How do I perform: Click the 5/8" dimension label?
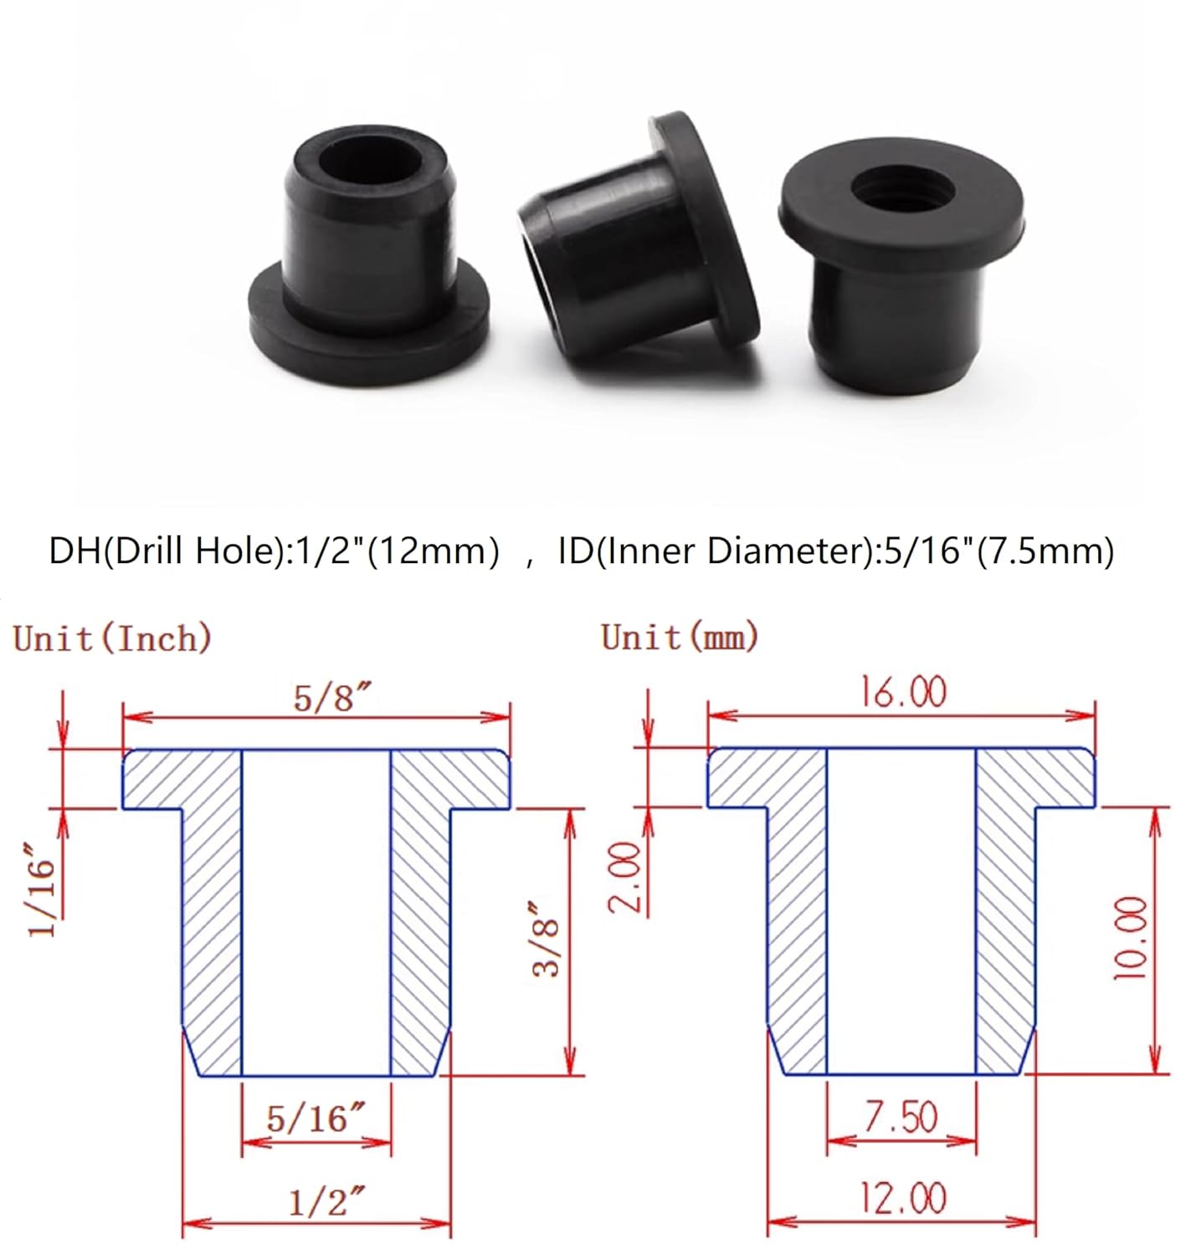click(331, 697)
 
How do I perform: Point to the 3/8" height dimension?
click(546, 938)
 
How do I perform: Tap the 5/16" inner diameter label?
click(316, 1118)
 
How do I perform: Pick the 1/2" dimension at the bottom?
click(326, 1201)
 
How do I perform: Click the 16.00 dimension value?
click(903, 693)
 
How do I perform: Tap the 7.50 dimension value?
click(901, 1117)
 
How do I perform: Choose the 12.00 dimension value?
click(903, 1198)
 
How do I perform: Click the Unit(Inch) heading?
click(112, 638)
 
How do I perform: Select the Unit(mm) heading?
click(679, 637)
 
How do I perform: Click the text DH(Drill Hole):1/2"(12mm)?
click(274, 551)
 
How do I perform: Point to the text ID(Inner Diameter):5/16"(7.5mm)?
click(835, 551)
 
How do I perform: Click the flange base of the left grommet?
click(368, 330)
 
